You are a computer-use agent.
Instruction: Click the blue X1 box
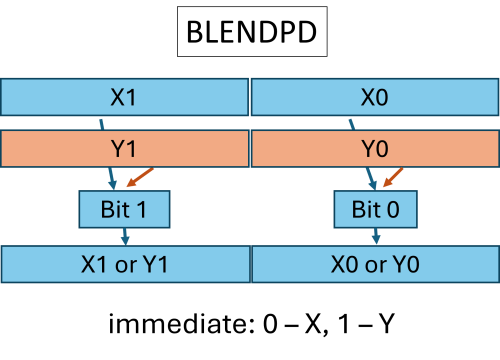click(x=125, y=97)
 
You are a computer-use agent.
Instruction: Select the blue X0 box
click(x=375, y=97)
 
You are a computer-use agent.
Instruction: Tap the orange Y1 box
click(x=125, y=149)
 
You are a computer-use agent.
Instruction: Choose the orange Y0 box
click(x=375, y=149)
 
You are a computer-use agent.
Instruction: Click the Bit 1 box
click(x=124, y=210)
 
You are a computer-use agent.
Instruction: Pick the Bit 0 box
click(x=375, y=210)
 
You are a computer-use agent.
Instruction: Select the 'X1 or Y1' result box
click(x=125, y=265)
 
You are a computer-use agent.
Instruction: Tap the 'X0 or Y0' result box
click(x=375, y=265)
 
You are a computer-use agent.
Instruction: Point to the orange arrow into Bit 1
click(x=143, y=177)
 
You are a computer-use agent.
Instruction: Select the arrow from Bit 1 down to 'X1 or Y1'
click(x=124, y=237)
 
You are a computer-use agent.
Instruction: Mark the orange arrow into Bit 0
click(x=394, y=177)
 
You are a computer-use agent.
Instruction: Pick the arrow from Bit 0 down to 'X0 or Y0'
click(x=375, y=237)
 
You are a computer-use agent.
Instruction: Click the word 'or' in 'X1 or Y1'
click(x=125, y=266)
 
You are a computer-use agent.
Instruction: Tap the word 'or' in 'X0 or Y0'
click(x=375, y=266)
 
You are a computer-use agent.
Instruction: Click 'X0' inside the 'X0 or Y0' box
click(x=345, y=265)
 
